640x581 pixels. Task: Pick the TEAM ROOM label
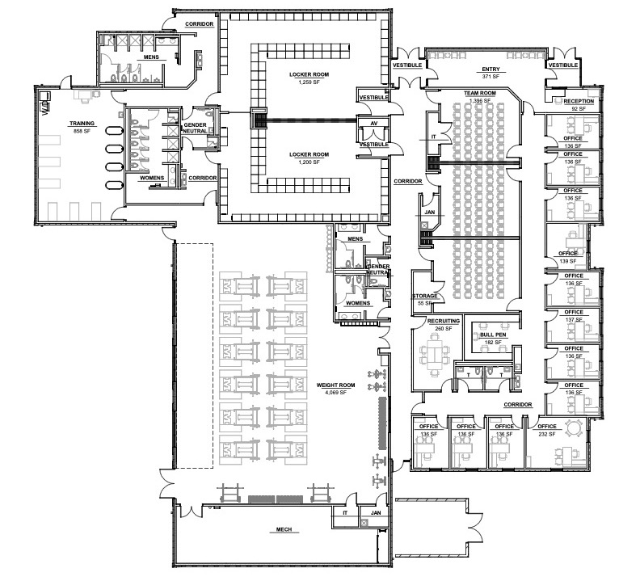click(479, 94)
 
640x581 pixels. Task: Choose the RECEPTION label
click(573, 101)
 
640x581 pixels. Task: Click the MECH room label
click(283, 530)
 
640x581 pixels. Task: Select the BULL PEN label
click(492, 333)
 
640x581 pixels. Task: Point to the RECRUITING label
click(444, 321)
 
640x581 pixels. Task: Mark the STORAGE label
click(425, 296)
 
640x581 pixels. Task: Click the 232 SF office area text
click(547, 434)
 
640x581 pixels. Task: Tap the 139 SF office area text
click(567, 261)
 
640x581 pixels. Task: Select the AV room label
click(373, 124)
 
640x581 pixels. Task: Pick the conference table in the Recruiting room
click(441, 352)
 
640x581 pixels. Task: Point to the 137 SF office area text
click(573, 319)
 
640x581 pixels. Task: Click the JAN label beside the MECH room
click(375, 512)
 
